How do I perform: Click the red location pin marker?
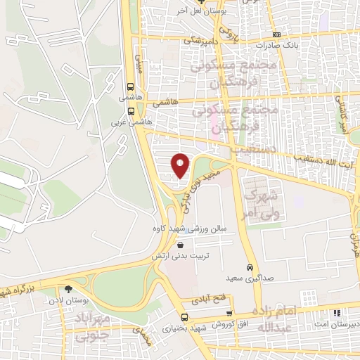[181, 165]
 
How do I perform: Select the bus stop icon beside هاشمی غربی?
[131, 110]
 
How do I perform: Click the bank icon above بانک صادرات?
[276, 34]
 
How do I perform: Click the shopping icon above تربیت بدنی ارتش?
[181, 245]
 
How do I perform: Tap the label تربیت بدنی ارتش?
[182, 258]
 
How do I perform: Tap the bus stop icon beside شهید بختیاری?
[185, 317]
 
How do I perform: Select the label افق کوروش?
[214, 324]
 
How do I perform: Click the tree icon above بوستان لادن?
[68, 289]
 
